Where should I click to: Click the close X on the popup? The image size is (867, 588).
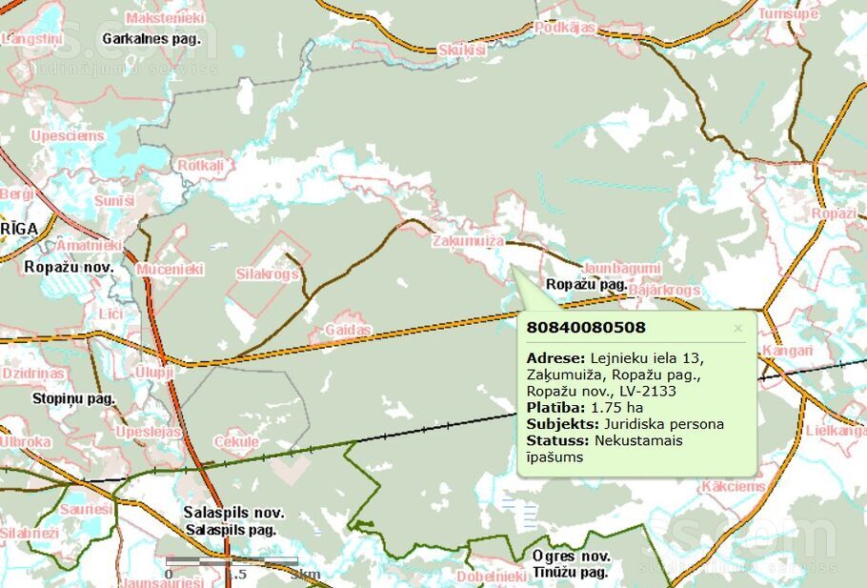pos(737,329)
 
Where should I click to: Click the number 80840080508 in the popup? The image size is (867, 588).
pos(586,328)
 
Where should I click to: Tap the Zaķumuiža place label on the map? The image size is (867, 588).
pos(468,241)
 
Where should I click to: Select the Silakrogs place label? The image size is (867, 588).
pos(268,274)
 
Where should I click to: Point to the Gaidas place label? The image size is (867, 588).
pos(347,329)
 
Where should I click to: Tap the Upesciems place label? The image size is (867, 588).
pos(67,136)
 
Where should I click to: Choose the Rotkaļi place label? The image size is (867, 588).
pos(200,166)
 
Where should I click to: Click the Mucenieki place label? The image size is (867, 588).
pos(171,270)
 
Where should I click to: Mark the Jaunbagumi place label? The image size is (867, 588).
pos(620,268)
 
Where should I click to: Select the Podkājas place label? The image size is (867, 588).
pos(564,28)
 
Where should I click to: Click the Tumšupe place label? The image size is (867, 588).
pos(788,13)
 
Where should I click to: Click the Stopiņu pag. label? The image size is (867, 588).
pos(73,398)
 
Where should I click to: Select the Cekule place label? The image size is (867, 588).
pos(236,442)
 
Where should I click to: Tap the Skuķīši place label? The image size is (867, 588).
pos(462,50)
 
